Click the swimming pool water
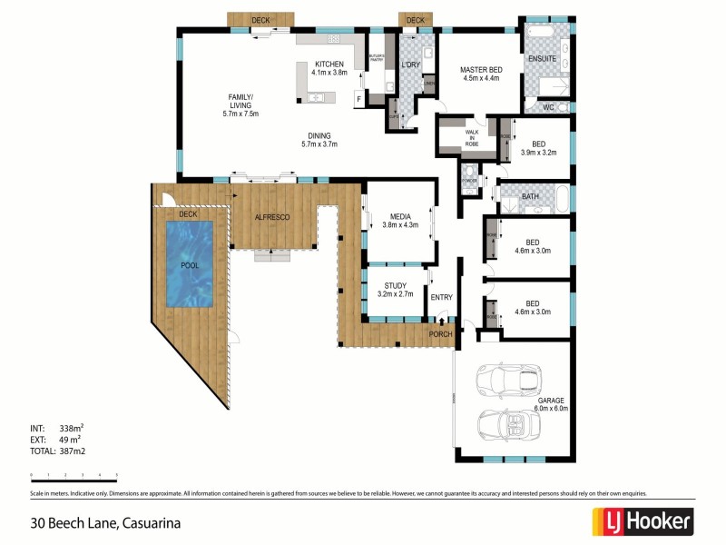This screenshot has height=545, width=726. click(x=190, y=263)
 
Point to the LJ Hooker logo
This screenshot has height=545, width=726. click(x=643, y=521)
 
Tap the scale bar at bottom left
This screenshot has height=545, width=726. click(x=74, y=476)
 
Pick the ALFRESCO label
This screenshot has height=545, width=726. click(x=272, y=218)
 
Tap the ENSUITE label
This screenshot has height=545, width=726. click(x=542, y=60)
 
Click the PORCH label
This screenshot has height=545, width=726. click(x=441, y=333)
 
